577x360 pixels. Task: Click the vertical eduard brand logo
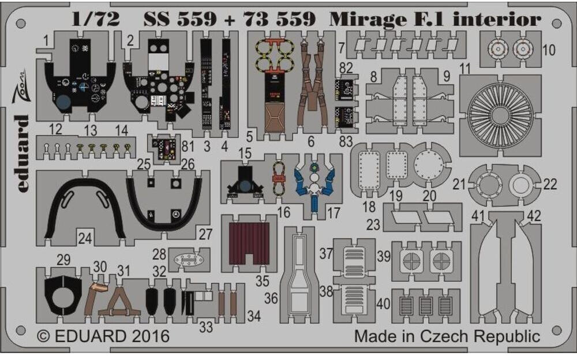coord(21,144)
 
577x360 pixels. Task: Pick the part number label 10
coord(549,50)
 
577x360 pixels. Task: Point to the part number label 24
coord(85,237)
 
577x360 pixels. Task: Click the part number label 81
coord(188,147)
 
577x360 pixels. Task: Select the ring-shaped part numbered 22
coord(518,185)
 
